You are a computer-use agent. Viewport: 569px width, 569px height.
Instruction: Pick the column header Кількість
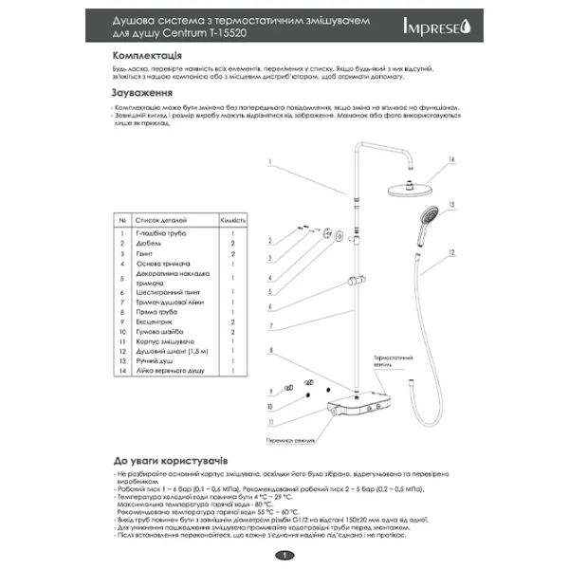(233, 220)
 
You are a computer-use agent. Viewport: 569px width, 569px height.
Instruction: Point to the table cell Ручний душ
(155, 362)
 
